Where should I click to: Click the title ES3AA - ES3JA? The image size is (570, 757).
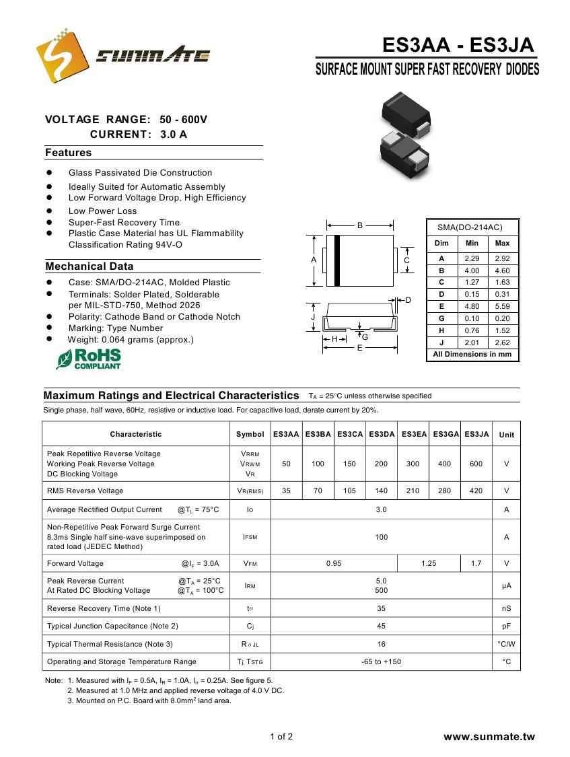point(458,45)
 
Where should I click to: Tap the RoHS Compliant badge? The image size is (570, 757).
point(89,359)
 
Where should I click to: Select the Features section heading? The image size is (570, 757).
point(68,153)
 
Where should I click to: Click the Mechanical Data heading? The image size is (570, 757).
point(89,266)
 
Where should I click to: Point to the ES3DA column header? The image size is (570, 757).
point(381,435)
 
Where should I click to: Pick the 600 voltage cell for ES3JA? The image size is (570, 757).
point(476,464)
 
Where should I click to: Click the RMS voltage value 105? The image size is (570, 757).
point(349,491)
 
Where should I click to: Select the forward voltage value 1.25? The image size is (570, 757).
point(429,563)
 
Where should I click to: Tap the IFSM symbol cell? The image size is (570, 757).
point(250,537)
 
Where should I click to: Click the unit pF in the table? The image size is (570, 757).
point(506,626)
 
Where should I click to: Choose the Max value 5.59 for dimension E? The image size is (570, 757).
point(502,306)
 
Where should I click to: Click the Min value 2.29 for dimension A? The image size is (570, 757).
point(472,258)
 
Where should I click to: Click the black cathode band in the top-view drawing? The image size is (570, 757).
point(337,260)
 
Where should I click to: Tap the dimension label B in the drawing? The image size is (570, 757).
point(360,225)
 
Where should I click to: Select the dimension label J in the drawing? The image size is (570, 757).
point(313,316)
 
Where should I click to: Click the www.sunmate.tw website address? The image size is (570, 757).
point(489,737)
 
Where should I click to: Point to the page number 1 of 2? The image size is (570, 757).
point(281,736)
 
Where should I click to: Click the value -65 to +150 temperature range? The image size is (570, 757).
point(381,661)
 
